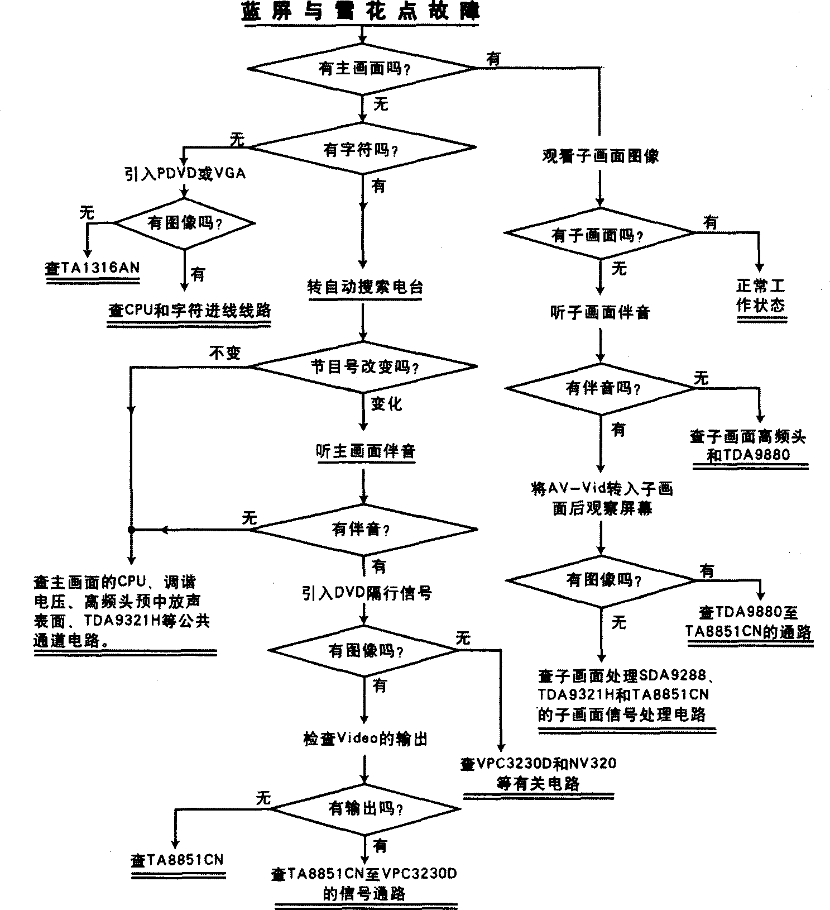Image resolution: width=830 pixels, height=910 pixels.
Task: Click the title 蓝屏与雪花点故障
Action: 361,12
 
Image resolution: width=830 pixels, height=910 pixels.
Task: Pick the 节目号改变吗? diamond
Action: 363,366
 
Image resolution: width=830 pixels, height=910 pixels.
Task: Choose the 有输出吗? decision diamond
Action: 366,808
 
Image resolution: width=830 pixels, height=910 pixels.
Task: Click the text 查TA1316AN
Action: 93,268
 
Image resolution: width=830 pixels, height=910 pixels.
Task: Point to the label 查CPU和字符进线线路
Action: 190,311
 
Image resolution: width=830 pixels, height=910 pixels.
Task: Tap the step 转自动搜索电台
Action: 365,287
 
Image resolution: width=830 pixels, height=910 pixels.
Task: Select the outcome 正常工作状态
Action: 761,296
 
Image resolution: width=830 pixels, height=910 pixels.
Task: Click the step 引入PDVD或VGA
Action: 185,173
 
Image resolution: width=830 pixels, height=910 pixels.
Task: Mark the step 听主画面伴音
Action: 366,451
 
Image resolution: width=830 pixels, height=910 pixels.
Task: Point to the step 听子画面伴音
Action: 600,312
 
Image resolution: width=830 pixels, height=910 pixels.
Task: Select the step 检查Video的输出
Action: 365,739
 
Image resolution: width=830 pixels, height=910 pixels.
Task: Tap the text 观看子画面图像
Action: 601,156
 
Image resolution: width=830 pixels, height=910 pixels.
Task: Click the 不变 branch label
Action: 224,352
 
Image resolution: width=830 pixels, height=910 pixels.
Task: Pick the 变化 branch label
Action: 386,403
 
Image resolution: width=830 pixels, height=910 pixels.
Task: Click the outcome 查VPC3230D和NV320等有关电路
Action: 539,773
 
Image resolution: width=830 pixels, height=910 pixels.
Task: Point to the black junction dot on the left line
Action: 131,529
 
